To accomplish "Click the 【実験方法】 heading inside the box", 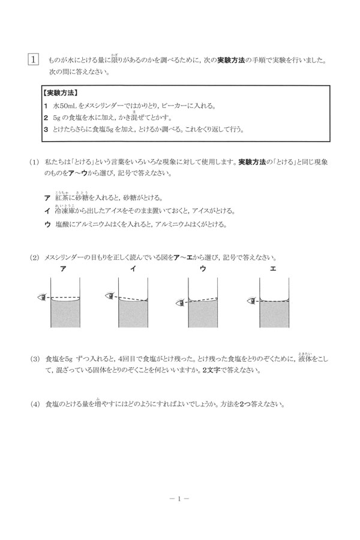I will pos(64,94).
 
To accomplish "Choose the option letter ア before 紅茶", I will pos(47,198).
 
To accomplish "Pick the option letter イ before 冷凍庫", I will pos(47,211).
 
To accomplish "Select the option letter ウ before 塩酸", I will pos(47,224).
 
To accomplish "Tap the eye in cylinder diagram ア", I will pos(42,296).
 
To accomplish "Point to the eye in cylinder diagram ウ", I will pos(179,304).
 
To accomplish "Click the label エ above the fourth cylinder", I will pos(272,270).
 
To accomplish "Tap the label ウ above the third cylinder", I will pos(202,270).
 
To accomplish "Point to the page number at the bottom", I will pos(179,497).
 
